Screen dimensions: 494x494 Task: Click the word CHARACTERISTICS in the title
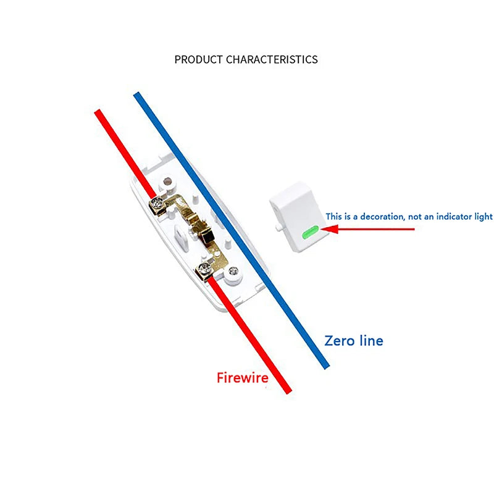click(272, 60)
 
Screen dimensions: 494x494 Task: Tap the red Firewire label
click(242, 378)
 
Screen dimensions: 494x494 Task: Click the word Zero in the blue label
click(340, 340)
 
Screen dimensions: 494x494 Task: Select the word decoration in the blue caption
click(380, 217)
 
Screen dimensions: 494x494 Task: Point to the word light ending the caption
click(483, 217)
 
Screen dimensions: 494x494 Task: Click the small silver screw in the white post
click(233, 270)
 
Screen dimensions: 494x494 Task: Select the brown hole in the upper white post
click(165, 182)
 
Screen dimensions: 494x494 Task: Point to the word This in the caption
click(334, 217)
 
